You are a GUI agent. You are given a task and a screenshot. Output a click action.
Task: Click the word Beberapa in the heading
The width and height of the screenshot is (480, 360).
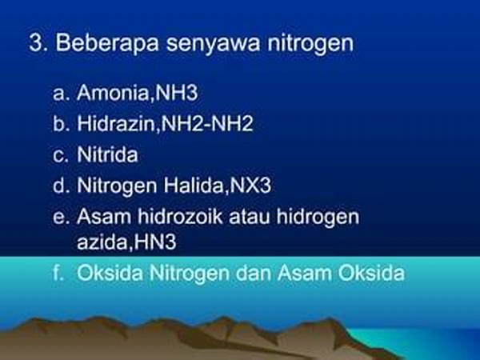click(x=107, y=42)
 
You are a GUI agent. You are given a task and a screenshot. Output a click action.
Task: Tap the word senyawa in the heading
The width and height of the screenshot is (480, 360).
click(x=214, y=45)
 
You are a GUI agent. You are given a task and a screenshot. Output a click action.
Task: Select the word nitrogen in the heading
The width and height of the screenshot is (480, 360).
click(x=310, y=44)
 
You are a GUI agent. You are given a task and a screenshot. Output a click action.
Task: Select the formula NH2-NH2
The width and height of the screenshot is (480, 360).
click(x=207, y=123)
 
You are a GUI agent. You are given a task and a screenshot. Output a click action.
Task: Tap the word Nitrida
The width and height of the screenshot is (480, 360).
click(x=107, y=154)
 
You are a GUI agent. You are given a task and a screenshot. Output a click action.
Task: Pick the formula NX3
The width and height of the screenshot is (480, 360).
click(x=250, y=186)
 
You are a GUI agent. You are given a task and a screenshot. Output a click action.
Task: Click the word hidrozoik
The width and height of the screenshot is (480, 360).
click(x=180, y=216)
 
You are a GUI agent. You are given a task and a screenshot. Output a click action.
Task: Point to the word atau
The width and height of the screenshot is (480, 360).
click(x=249, y=217)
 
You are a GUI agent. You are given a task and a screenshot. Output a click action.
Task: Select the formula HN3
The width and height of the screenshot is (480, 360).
click(x=155, y=242)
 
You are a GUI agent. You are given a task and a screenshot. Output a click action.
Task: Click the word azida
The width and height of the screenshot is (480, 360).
click(x=102, y=242)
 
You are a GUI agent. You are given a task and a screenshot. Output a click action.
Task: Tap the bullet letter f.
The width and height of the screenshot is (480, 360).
click(x=58, y=273)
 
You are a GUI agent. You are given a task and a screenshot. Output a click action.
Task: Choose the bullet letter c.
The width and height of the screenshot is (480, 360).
click(x=58, y=155)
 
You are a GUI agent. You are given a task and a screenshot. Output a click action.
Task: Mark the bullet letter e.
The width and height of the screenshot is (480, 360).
click(x=58, y=218)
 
